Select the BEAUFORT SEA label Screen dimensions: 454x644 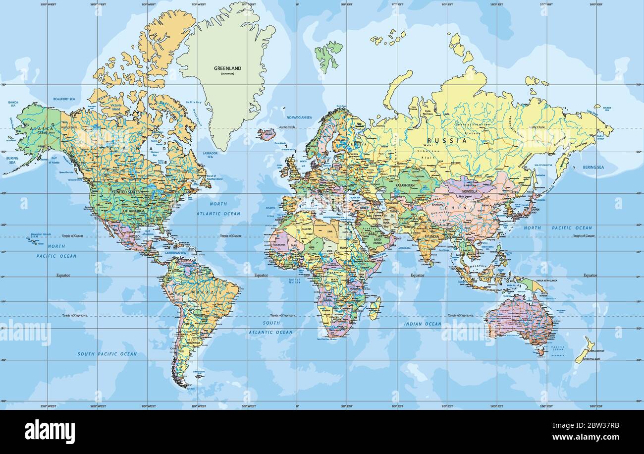(64, 99)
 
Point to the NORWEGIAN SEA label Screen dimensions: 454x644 (299, 117)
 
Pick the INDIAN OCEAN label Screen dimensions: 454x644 (422, 324)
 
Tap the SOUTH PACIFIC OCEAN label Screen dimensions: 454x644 (107, 354)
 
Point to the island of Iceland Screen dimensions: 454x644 (266, 134)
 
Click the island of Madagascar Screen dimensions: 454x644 (375, 308)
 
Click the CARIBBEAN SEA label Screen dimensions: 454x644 (176, 253)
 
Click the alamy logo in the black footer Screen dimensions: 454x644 (50, 431)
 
